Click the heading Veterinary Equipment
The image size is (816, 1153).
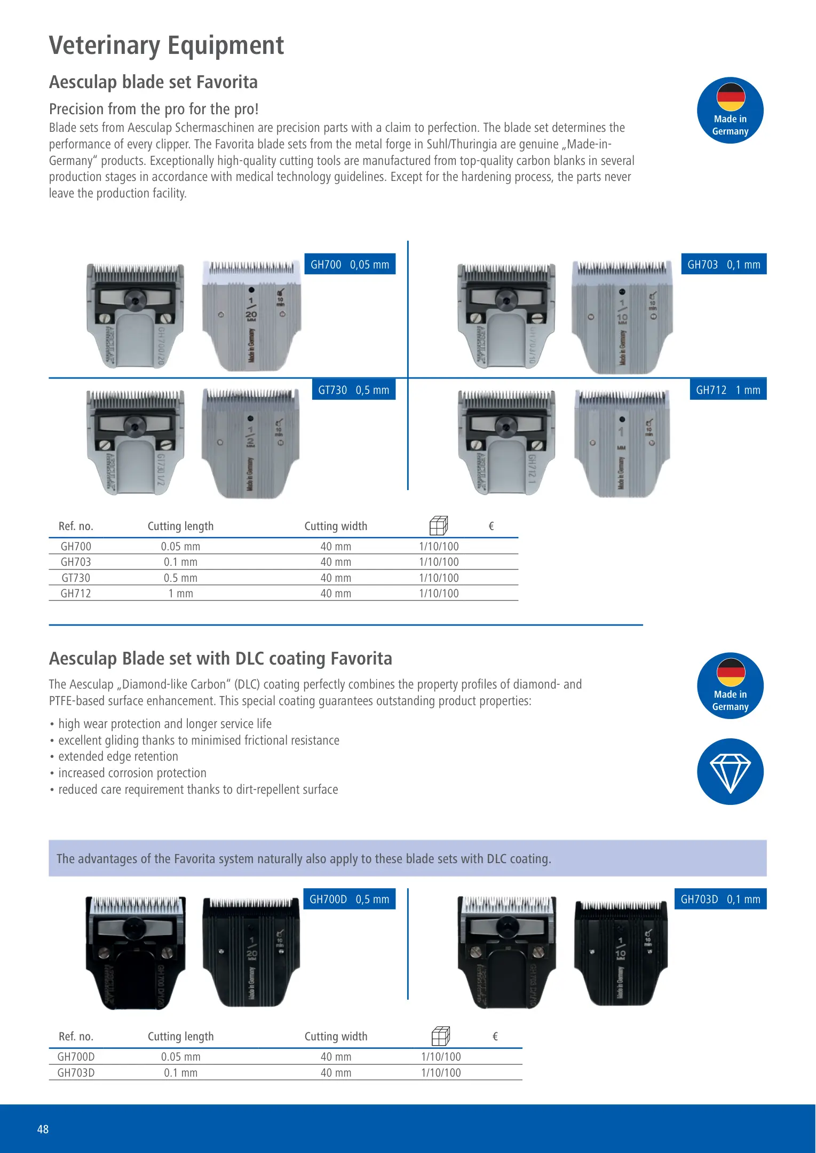(x=166, y=45)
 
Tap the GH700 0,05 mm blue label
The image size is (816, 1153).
(x=350, y=264)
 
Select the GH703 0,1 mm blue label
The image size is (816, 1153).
(x=723, y=264)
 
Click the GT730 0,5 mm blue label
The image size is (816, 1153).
(x=353, y=390)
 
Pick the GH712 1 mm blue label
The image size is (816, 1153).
(x=727, y=390)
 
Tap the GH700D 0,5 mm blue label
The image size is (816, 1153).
(x=349, y=899)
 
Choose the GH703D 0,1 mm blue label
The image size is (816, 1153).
(x=720, y=899)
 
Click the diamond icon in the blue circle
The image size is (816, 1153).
(x=730, y=772)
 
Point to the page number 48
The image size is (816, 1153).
(x=43, y=1129)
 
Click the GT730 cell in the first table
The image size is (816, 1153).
(x=76, y=578)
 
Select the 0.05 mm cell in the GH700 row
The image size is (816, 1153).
(x=180, y=547)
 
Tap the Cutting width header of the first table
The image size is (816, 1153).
(x=336, y=526)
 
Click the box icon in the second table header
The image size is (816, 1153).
(x=440, y=1036)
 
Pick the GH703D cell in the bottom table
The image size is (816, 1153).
(x=76, y=1072)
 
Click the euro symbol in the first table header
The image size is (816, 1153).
(x=491, y=526)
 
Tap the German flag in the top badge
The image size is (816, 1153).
(x=730, y=97)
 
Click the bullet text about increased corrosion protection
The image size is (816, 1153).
(x=132, y=773)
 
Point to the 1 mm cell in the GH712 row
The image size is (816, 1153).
(x=180, y=594)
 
